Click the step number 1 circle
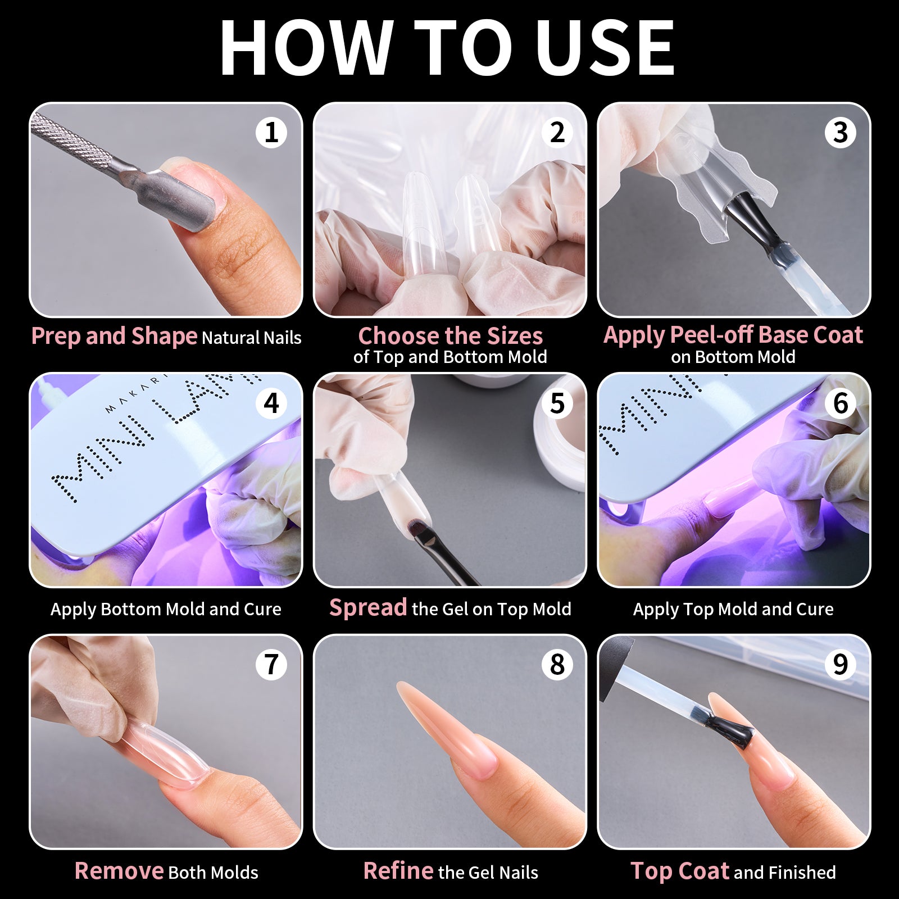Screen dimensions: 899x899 tap(271, 133)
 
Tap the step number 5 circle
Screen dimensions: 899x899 tap(557, 403)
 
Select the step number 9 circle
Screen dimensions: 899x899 tap(840, 664)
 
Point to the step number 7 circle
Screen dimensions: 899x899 tap(271, 664)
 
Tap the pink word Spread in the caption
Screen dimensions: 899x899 tap(368, 607)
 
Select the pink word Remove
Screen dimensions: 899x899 tap(119, 870)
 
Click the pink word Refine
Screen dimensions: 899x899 tap(398, 870)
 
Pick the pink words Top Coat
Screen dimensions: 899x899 tap(680, 870)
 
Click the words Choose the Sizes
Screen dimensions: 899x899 tap(451, 336)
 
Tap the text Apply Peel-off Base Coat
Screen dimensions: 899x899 tap(733, 335)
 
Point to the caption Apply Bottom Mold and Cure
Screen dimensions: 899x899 tap(166, 610)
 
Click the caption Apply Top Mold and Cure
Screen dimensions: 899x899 tap(733, 610)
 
